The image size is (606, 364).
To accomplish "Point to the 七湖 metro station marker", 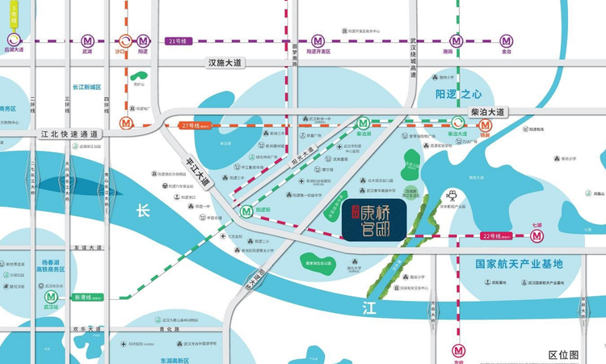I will click(537, 236).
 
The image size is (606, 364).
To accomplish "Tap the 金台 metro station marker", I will click(506, 40).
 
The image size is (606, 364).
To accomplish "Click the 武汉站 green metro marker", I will click(51, 297).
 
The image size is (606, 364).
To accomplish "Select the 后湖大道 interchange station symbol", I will click(13, 40).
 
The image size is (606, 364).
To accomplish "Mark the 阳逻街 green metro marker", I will click(246, 211).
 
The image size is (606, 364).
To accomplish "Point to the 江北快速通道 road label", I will click(69, 133).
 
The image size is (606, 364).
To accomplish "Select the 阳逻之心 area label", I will click(458, 95).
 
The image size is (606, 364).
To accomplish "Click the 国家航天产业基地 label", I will click(518, 264).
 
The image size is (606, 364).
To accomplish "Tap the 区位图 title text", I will click(563, 354).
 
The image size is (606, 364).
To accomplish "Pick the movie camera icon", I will click(451, 195).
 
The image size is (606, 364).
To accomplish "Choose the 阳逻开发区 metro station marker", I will click(318, 40).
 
